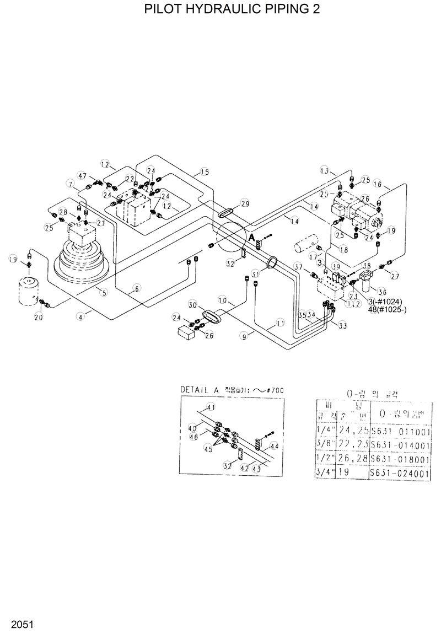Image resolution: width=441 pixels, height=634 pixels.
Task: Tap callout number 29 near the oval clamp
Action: [245, 204]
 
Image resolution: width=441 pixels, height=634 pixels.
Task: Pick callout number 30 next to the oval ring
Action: [192, 305]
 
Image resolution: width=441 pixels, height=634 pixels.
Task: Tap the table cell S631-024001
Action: [400, 473]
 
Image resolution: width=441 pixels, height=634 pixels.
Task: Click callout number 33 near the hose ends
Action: [342, 326]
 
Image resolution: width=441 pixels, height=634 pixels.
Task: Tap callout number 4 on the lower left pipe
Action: [81, 316]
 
